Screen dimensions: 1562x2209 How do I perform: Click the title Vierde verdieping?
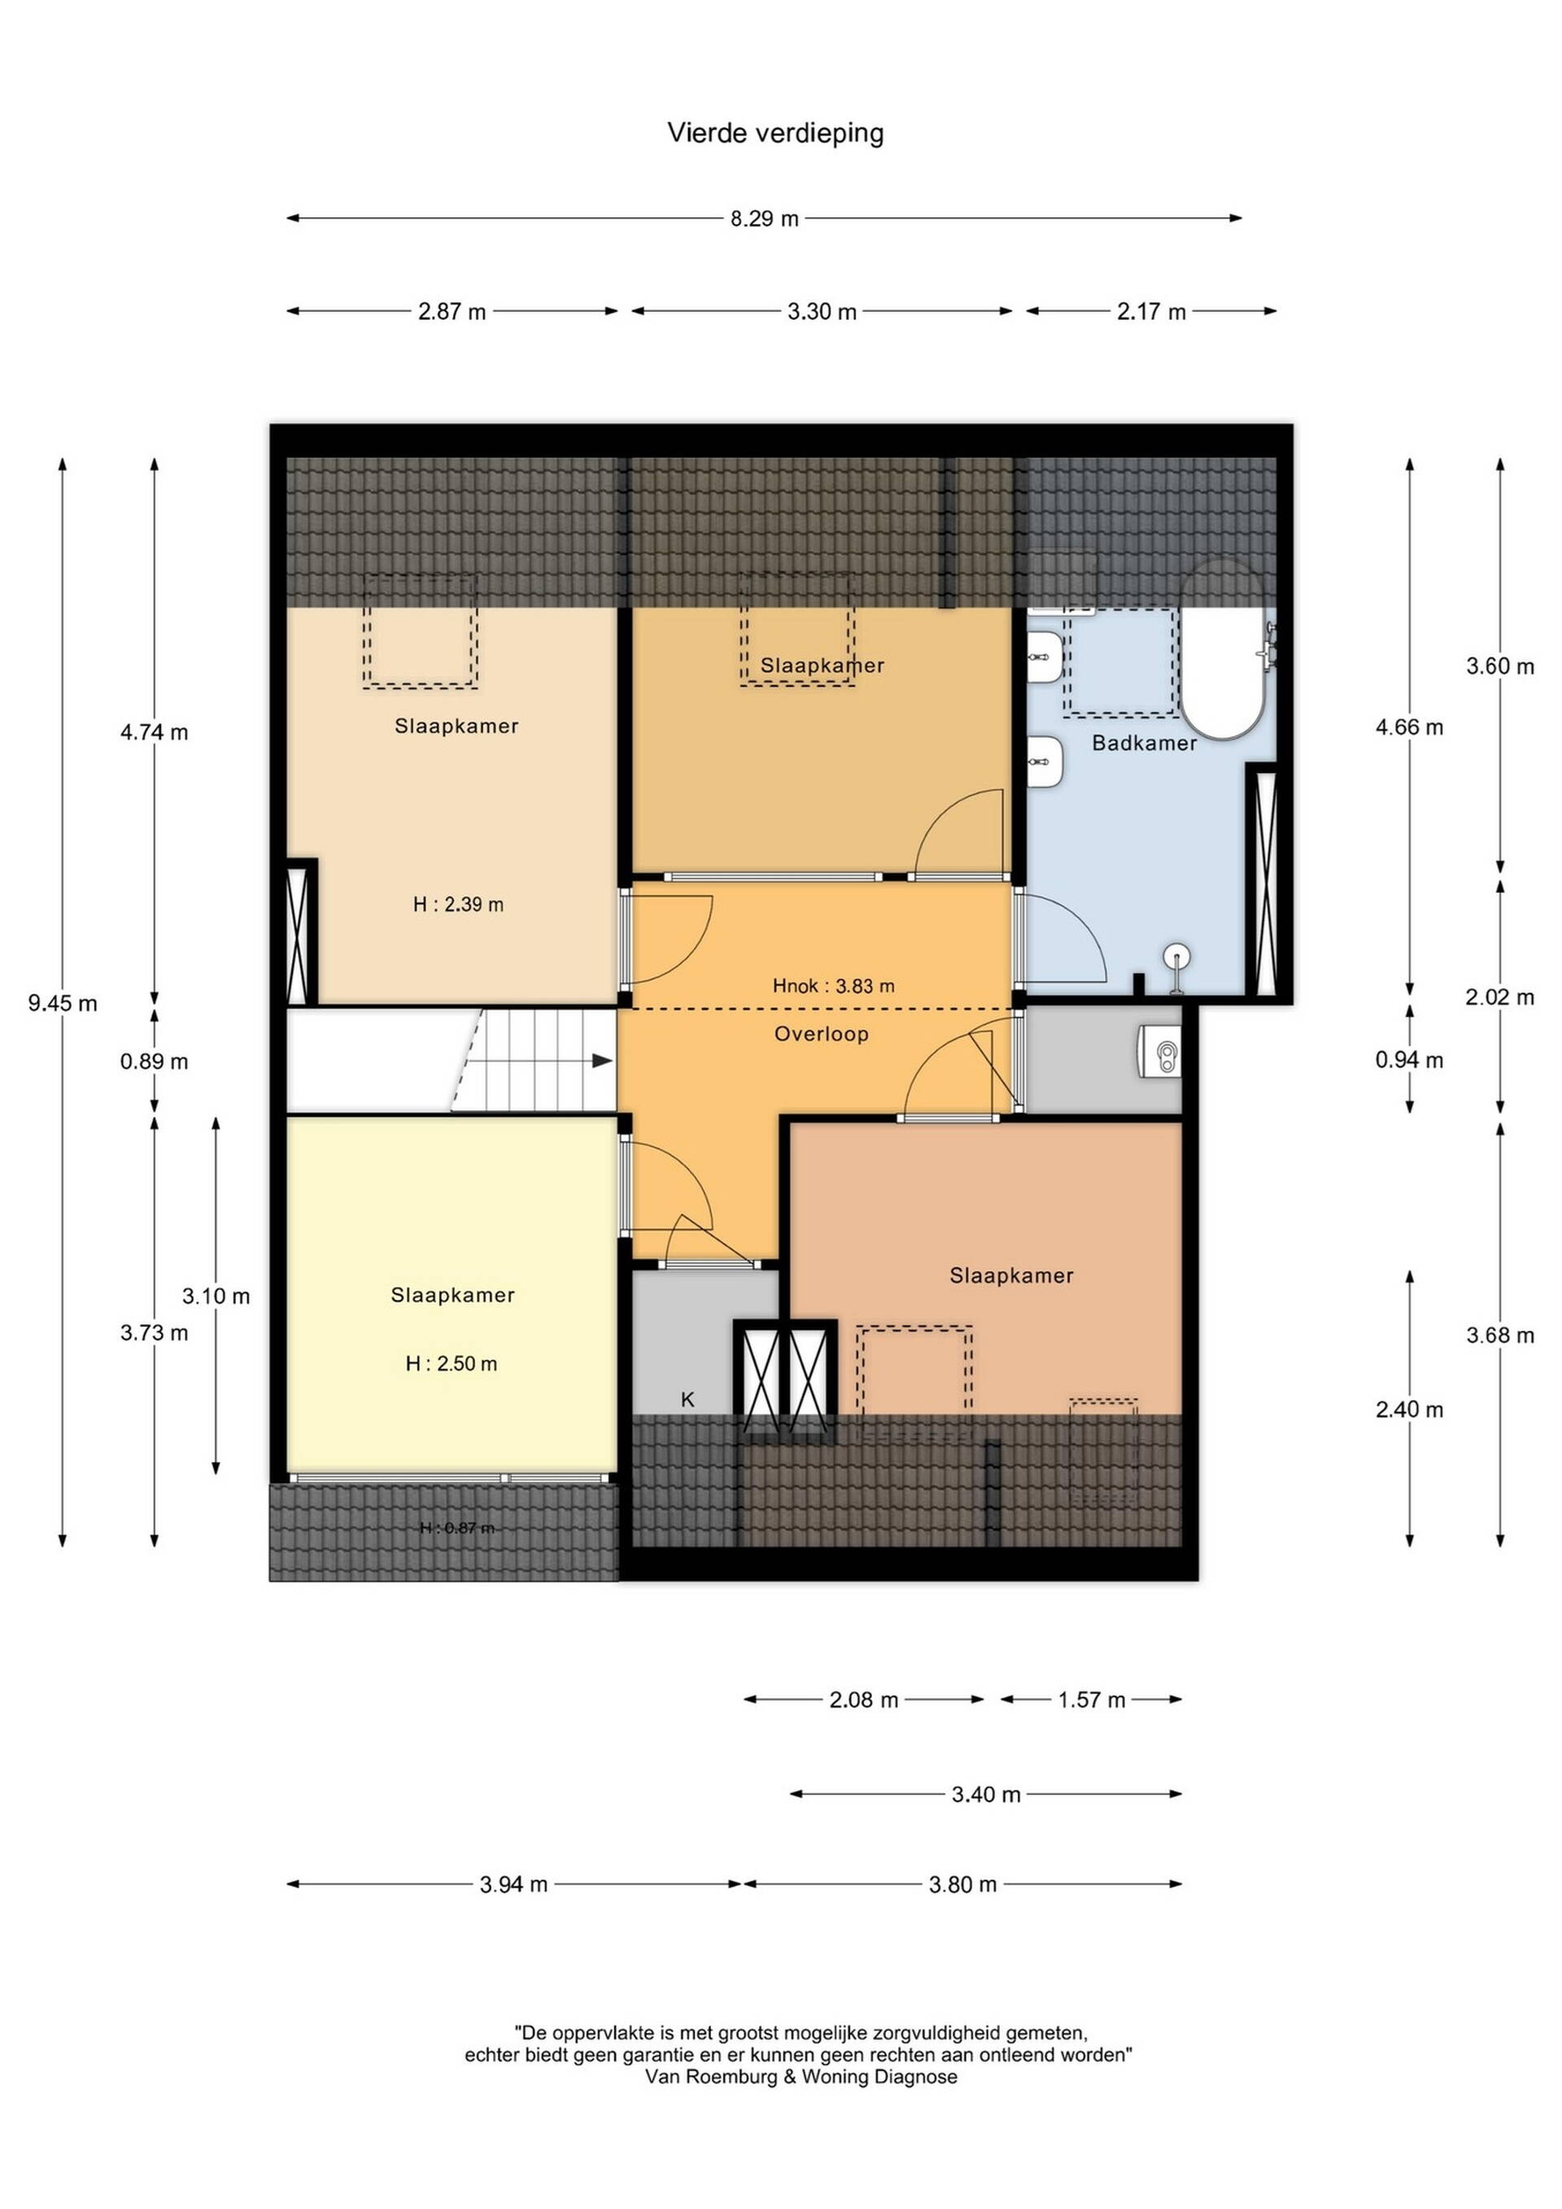tap(775, 133)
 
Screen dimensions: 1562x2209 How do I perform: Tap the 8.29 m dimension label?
tap(765, 218)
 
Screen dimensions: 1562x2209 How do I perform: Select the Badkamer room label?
tap(1145, 743)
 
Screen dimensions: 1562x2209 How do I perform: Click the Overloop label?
tap(822, 1035)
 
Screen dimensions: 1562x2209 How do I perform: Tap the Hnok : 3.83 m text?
tap(834, 985)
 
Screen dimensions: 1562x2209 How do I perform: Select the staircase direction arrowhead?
tap(602, 1061)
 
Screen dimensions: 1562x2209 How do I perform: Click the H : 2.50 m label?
tap(451, 1363)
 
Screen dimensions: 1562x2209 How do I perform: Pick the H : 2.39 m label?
tap(458, 904)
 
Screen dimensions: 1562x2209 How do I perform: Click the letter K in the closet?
tap(687, 1400)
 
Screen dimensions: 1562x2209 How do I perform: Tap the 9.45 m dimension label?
tap(63, 1004)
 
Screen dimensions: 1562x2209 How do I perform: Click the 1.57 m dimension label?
tap(1092, 1700)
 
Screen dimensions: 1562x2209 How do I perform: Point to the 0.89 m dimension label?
tap(154, 1062)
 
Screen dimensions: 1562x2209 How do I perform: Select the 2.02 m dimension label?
tap(1499, 998)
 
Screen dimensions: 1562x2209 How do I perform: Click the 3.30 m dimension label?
tap(822, 312)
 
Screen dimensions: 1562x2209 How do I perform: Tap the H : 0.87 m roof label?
tap(458, 1528)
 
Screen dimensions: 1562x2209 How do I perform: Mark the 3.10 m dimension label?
tap(216, 1296)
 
